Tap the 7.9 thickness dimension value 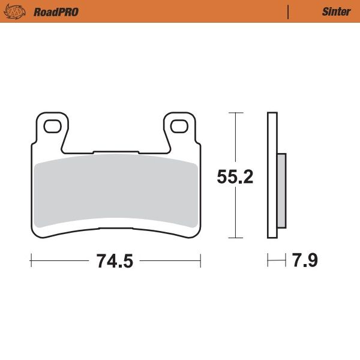(305, 261)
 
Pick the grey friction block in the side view (281, 190)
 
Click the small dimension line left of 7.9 (277, 261)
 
